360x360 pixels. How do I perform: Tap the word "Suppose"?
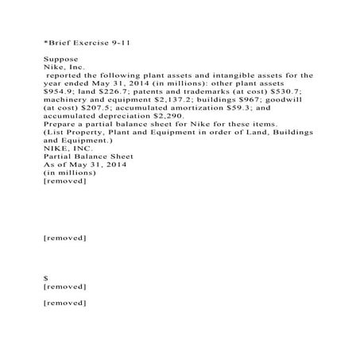point(60,59)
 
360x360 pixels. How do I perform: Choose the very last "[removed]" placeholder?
point(64,303)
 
